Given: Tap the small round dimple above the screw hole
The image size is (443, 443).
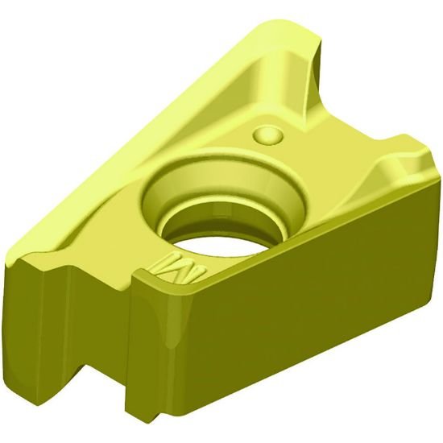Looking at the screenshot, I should coord(268,134).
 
